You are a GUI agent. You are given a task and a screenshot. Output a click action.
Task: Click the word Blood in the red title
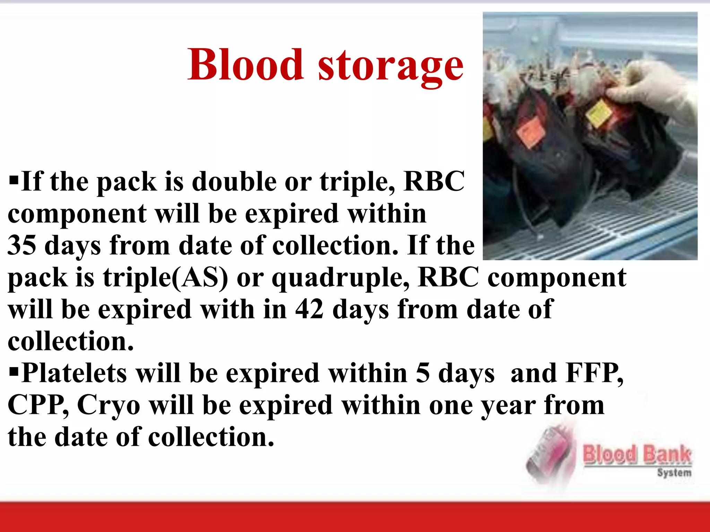click(x=245, y=65)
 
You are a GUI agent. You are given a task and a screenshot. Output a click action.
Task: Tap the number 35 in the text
click(x=21, y=245)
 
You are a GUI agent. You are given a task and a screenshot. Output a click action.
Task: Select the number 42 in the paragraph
click(x=309, y=309)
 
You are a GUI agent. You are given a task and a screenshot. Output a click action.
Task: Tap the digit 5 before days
click(x=423, y=373)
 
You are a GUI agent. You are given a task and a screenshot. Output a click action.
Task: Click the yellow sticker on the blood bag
click(x=599, y=113)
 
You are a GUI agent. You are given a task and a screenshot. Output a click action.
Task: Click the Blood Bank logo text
click(x=637, y=455)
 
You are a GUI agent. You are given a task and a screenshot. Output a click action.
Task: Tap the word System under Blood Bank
click(x=674, y=473)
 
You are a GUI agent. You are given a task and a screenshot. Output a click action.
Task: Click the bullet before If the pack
click(x=14, y=180)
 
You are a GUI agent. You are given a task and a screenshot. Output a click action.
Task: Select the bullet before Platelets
click(x=14, y=372)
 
